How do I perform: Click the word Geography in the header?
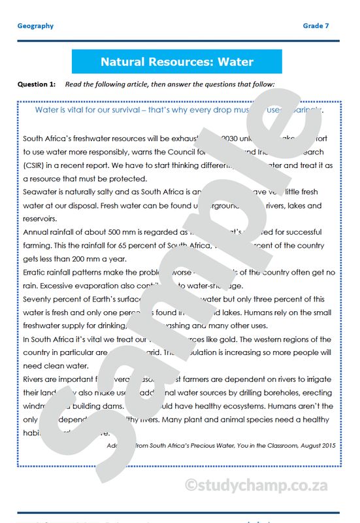pyautogui.click(x=35, y=26)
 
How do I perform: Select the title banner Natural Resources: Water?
pyautogui.click(x=176, y=62)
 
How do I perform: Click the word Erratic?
pyautogui.click(x=36, y=272)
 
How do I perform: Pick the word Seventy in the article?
pyautogui.click(x=39, y=299)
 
